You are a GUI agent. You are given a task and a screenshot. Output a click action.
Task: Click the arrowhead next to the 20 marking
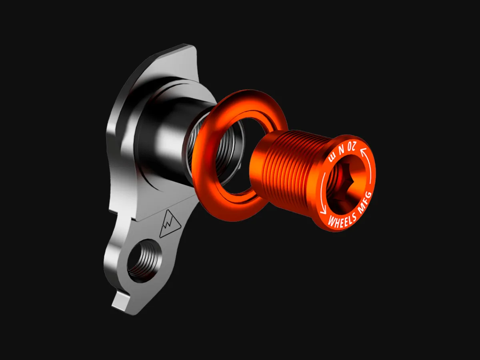(x=363, y=151)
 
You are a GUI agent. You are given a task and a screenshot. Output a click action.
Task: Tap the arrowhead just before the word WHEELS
(x=323, y=211)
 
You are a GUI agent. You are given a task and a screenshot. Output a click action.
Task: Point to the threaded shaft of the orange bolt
(x=289, y=166)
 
